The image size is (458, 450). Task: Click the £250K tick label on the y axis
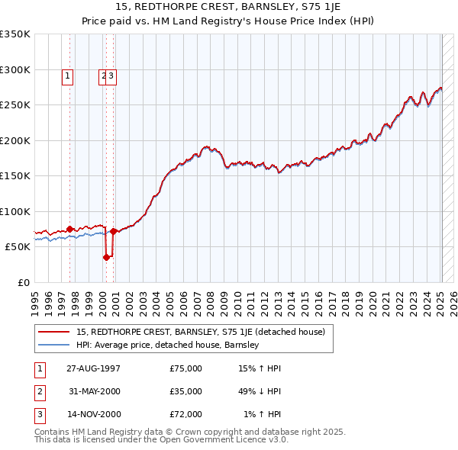[15, 105]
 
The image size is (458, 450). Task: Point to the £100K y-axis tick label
[15, 211]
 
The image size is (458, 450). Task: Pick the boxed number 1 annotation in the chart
[68, 76]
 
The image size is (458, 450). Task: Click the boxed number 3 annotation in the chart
[111, 76]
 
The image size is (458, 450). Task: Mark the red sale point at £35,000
[107, 258]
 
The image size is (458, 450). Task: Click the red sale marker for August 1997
[69, 229]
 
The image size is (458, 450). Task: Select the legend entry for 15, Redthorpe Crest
[201, 332]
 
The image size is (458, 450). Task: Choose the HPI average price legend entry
[168, 345]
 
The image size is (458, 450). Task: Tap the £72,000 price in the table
[185, 414]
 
